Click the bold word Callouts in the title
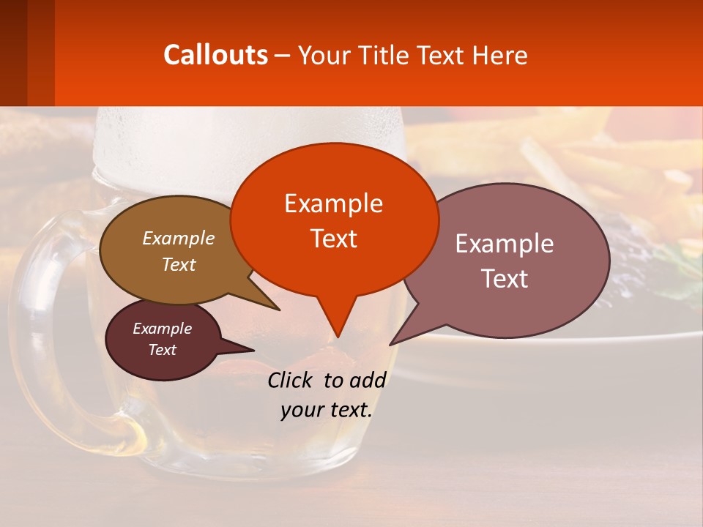tap(215, 55)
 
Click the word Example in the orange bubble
tap(333, 203)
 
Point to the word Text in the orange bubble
tap(333, 239)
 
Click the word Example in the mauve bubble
tap(505, 244)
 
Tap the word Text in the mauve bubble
tap(505, 279)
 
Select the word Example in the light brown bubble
tap(178, 239)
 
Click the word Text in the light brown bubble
tap(178, 265)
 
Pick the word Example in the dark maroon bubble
tap(162, 329)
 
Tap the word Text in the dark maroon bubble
tap(162, 350)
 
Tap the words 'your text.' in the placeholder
tap(326, 410)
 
